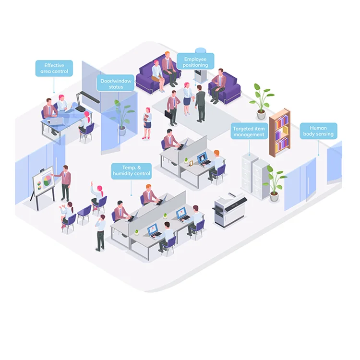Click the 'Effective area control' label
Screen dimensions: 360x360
point(54,68)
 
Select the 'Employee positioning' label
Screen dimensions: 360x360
point(195,61)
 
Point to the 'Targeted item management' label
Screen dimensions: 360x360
point(249,132)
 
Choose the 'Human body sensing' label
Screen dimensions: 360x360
point(318,131)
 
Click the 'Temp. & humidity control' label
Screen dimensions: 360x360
point(132,170)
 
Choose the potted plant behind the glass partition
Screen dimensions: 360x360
point(123,116)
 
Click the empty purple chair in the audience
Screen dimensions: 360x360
point(84,213)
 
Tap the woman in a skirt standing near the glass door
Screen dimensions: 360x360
point(147,123)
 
